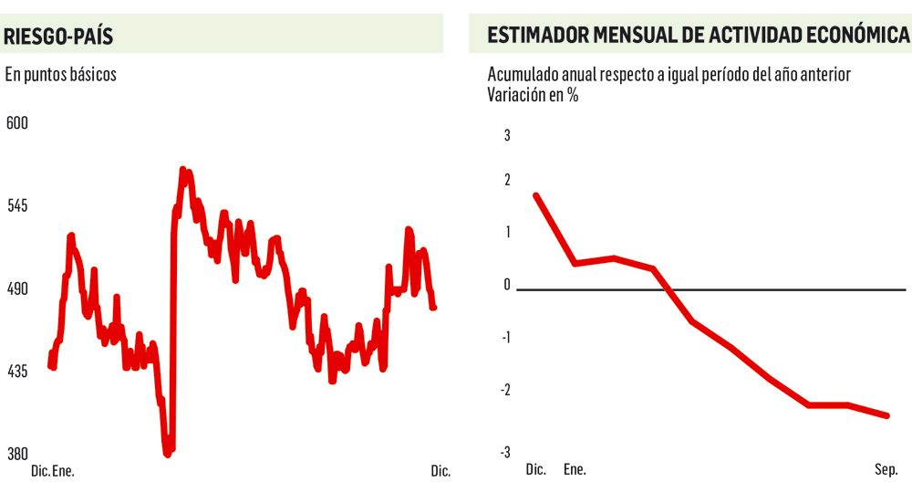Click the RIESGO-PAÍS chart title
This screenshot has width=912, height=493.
pos(59,37)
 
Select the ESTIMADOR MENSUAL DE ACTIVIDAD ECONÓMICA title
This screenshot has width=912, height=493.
pos(698,36)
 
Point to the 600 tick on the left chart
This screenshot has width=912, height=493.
pos(18,123)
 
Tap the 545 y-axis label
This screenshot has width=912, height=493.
pos(18,206)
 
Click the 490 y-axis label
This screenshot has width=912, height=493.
pos(18,289)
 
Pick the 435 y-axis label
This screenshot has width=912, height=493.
pos(18,372)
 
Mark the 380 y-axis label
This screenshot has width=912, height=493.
pos(18,454)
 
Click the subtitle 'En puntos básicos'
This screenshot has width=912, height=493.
pos(61,75)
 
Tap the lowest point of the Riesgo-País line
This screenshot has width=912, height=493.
pos(168,452)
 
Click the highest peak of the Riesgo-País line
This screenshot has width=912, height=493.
pos(183,171)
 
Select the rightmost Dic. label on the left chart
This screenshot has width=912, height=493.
pos(440,471)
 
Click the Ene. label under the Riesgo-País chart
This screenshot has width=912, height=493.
pos(63,471)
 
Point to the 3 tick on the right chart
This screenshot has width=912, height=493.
pos(508,136)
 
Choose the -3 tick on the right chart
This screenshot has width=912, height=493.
pos(505,453)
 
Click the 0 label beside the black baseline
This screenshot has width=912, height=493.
pos(508,285)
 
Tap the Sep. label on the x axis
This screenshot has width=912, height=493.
pos(886,470)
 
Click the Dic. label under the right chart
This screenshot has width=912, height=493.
pos(535,470)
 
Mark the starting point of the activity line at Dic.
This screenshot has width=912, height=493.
pos(535,195)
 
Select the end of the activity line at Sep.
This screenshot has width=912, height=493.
pos(886,415)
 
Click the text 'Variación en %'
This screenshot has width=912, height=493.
pos(534,95)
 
